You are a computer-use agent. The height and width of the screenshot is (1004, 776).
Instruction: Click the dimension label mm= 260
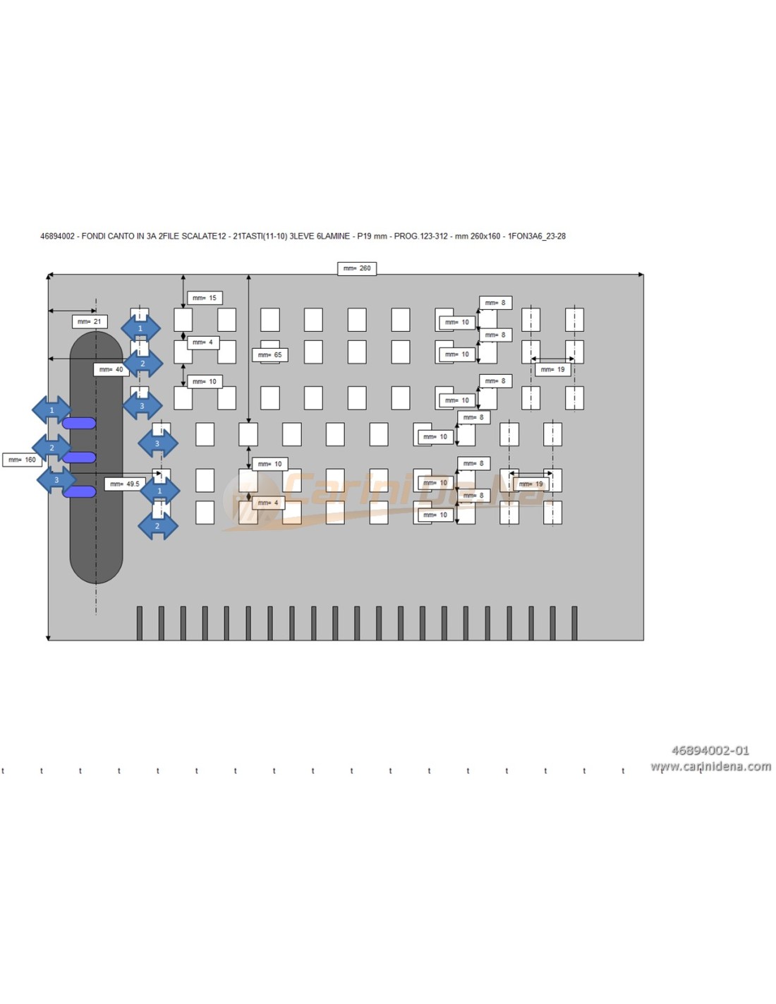[x=356, y=268]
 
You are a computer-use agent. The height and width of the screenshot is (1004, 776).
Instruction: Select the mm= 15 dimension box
[x=205, y=298]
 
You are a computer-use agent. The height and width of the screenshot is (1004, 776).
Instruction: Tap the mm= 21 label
[x=90, y=322]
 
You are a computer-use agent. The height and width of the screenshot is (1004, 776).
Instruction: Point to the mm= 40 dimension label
[x=111, y=369]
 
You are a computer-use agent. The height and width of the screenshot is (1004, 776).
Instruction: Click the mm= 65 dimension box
[x=269, y=354]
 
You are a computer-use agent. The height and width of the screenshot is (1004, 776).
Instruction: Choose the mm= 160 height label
[x=22, y=460]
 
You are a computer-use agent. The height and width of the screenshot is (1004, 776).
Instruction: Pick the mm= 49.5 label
[x=125, y=484]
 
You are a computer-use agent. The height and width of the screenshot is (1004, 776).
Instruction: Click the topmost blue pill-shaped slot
[x=79, y=423]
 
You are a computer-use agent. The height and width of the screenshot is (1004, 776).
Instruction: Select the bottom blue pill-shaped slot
[x=79, y=491]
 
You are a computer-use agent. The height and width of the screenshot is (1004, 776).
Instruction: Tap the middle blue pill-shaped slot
[x=79, y=458]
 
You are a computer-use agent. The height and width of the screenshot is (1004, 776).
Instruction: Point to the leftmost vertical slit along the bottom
[x=140, y=623]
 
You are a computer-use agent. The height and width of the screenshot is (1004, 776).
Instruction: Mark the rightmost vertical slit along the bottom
[x=574, y=623]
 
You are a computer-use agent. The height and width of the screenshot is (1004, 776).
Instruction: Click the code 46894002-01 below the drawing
[x=710, y=751]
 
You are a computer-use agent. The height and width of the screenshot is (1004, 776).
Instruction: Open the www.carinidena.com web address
[x=710, y=766]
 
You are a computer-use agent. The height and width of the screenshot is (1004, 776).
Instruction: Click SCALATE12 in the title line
[x=204, y=237]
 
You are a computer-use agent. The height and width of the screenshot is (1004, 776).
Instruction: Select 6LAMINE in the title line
[x=332, y=237]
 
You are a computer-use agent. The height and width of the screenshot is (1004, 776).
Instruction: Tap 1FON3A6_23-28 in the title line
[x=536, y=237]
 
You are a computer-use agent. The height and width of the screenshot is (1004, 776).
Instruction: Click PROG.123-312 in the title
[x=420, y=237]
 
